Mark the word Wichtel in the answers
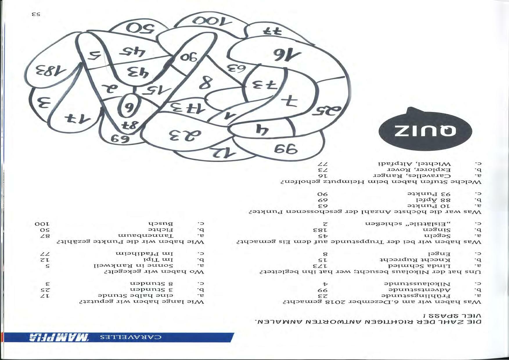[x=435, y=164]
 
